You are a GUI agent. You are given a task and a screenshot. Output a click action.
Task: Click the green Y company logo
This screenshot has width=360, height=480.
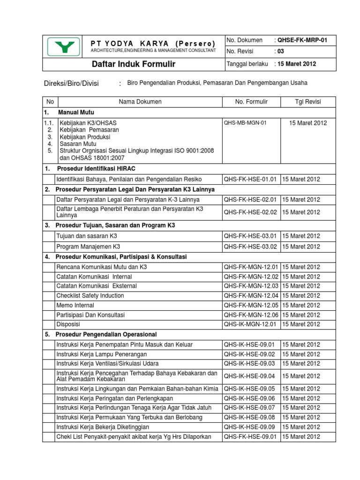pyautogui.click(x=63, y=46)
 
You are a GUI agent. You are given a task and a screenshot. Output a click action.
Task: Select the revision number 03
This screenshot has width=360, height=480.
pyautogui.click(x=281, y=52)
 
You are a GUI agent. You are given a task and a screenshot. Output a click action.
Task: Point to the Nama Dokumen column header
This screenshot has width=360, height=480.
pyautogui.click(x=140, y=102)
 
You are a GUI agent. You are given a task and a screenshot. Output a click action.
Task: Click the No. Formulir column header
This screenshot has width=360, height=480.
pyautogui.click(x=252, y=102)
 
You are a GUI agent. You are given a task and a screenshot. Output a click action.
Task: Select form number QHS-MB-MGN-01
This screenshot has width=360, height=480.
pyautogui.click(x=245, y=123)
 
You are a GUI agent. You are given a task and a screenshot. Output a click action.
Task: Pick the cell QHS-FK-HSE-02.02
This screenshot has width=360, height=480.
pyautogui.click(x=251, y=212)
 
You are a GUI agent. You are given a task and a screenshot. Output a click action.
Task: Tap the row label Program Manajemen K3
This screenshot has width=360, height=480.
pyautogui.click(x=88, y=246)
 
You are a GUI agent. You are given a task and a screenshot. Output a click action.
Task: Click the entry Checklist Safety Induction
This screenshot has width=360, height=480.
pyautogui.click(x=90, y=295)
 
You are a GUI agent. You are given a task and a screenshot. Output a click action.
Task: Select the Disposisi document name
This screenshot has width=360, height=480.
pyautogui.click(x=68, y=324)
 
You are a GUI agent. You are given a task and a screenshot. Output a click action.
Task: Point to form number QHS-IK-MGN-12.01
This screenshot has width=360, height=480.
pyautogui.click(x=251, y=324)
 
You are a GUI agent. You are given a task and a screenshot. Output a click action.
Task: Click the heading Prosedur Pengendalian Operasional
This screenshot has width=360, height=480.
pyautogui.click(x=106, y=335)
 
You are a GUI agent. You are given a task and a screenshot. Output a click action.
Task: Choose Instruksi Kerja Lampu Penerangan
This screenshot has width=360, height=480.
pyautogui.click(x=102, y=354)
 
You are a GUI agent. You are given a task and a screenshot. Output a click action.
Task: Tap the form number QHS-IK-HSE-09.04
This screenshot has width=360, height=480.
pyautogui.click(x=251, y=376)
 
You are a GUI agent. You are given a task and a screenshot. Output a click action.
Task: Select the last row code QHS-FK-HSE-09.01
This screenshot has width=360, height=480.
pyautogui.click(x=251, y=437)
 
